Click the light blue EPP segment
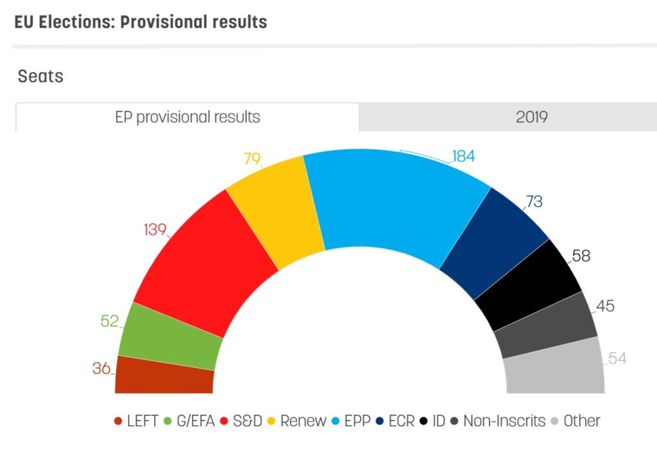click(x=391, y=205)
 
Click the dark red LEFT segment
click(x=164, y=377)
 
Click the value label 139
click(x=155, y=229)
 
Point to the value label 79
click(x=253, y=158)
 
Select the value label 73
click(x=533, y=202)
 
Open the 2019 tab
click(x=531, y=117)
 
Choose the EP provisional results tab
click(x=187, y=117)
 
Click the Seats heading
click(x=40, y=76)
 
